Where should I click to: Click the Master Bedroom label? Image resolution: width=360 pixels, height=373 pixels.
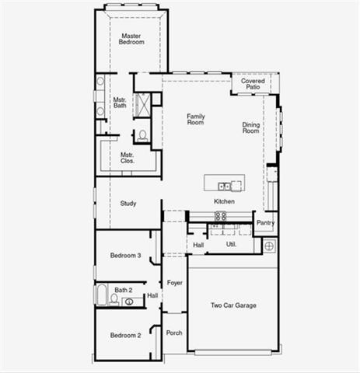[131, 39]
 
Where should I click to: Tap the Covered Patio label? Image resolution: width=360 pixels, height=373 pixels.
[253, 84]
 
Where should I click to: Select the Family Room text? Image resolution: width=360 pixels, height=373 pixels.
[195, 120]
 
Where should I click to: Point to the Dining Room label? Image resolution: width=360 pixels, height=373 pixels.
[250, 127]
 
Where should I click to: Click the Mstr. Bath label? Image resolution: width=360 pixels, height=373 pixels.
[120, 103]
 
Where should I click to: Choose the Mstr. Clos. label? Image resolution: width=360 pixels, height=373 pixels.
[127, 158]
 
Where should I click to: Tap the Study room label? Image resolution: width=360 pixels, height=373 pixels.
[128, 204]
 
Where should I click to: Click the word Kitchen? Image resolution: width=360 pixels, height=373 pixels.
[225, 202]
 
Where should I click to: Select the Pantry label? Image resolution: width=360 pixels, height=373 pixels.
[265, 223]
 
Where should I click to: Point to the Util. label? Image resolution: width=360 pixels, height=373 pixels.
[231, 244]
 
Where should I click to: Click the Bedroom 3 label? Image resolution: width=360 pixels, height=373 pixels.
[125, 256]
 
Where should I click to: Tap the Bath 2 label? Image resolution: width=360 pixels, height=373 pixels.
[124, 290]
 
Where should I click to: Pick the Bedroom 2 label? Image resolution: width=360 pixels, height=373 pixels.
[125, 336]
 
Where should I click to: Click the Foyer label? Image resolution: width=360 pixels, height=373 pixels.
[175, 283]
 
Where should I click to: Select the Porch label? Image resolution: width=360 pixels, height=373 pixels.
[175, 333]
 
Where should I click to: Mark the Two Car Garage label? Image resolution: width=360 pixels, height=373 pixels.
[233, 305]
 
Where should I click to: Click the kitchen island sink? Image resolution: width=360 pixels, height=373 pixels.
[224, 186]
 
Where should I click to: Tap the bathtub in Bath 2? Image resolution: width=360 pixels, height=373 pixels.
[102, 295]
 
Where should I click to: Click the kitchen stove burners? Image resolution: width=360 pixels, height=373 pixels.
[221, 216]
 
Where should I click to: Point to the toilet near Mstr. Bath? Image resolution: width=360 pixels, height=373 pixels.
[142, 135]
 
